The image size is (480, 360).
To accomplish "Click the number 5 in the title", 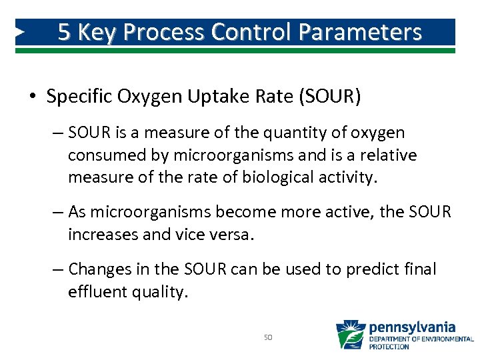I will click(x=65, y=32).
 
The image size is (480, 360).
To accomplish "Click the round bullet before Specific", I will click(x=33, y=97).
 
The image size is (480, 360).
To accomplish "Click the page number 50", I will click(x=268, y=338).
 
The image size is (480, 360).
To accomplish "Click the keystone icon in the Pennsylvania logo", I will click(x=350, y=335).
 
